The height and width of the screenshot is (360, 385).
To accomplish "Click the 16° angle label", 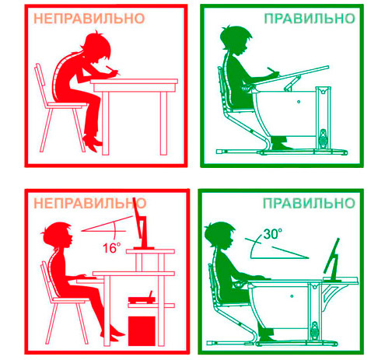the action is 112,248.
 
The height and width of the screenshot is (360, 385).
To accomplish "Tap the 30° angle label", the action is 272,233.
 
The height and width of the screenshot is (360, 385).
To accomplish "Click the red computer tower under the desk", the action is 142,330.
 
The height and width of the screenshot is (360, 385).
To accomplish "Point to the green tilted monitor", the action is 332,259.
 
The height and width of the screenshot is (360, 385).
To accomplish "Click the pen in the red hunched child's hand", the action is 113,70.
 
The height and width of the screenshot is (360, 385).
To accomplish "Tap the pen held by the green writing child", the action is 273,72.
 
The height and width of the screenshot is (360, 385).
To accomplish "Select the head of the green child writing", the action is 236,40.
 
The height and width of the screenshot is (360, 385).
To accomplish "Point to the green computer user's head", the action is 219,235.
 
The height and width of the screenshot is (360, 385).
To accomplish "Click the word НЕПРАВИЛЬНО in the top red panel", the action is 89,19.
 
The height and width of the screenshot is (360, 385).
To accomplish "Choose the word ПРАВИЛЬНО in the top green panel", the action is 310,19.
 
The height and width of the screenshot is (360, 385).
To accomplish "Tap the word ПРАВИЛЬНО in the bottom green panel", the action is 309,203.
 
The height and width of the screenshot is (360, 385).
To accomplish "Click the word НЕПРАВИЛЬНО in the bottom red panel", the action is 90,203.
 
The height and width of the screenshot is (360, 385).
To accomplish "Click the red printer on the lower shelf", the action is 142,298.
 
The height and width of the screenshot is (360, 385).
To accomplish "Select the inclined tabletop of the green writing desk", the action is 290,75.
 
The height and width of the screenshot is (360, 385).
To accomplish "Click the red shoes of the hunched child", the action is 93,143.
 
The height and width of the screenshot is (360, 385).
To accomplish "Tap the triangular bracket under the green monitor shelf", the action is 330,295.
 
